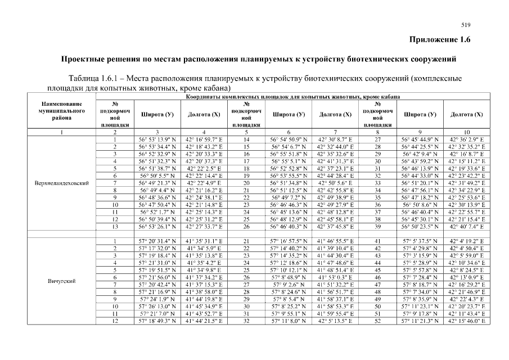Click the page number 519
[465, 25]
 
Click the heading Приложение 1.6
[439, 39]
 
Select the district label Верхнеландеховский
[62, 183]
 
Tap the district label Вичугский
[62, 280]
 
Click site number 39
[378, 227]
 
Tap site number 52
[378, 321]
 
